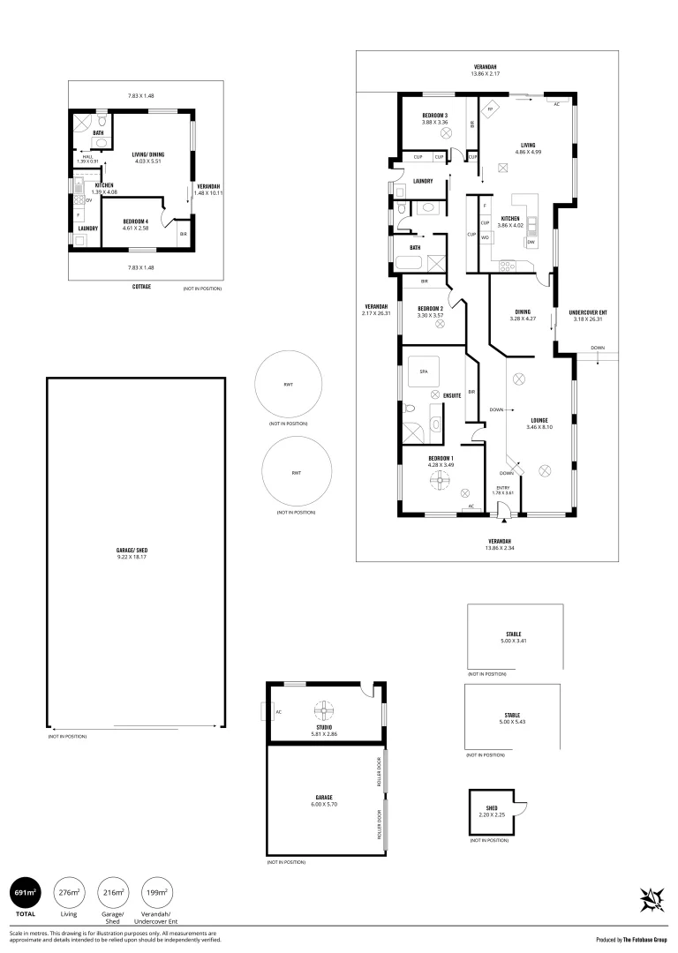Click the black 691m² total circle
point(26,893)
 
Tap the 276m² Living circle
point(69,893)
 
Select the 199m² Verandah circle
point(155,893)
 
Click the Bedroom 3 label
point(434,116)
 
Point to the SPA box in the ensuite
point(423,371)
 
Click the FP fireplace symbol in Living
point(490,110)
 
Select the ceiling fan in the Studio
point(324,709)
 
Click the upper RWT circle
point(288,384)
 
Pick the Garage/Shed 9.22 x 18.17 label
point(132,553)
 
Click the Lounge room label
point(539,420)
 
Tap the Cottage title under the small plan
point(141,286)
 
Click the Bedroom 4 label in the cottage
point(136,221)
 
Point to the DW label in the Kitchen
point(531,242)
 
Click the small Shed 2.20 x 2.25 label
point(492,812)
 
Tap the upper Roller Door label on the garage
point(379,772)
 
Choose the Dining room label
point(523,311)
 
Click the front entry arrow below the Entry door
point(504,520)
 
